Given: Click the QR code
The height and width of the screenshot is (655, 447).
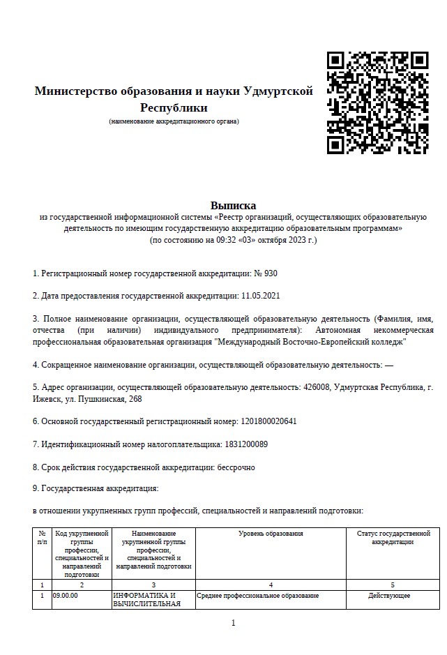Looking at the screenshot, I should [x=377, y=103].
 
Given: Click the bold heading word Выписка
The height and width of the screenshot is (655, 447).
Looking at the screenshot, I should [x=233, y=205].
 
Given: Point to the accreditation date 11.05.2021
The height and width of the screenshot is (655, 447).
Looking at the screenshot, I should [x=260, y=296].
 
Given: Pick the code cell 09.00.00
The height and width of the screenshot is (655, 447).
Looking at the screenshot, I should [x=66, y=596].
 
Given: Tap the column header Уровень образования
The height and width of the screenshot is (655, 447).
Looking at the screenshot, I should [x=271, y=534].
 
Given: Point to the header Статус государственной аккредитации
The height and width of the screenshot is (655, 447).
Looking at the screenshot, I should [x=393, y=538].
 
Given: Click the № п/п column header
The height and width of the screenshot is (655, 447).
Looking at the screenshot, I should [x=43, y=538].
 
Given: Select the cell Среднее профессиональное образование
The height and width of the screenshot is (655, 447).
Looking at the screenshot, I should [x=257, y=596].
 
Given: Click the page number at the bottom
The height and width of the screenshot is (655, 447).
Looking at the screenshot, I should [x=233, y=623].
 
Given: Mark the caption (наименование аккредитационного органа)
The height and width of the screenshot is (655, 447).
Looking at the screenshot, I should [x=174, y=121].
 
